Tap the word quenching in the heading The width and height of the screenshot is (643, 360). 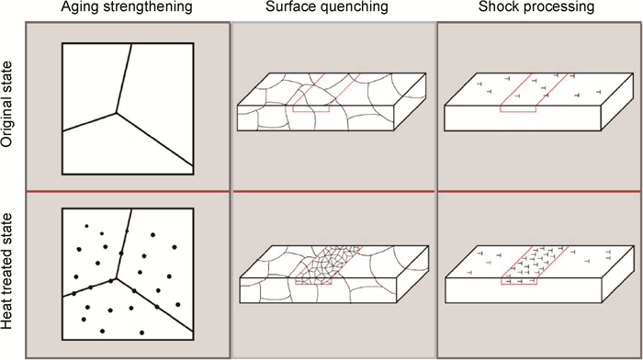pos(355,7)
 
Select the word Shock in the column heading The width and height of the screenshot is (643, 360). pos(497,6)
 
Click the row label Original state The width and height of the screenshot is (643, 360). pos(7,105)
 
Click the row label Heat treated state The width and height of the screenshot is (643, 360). pos(7,271)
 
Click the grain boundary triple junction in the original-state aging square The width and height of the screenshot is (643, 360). pos(117,112)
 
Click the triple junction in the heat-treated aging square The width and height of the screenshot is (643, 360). pos(117,278)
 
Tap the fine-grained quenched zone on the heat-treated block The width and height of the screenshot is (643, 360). pos(328,264)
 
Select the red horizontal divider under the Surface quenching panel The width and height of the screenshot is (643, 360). pos(333,191)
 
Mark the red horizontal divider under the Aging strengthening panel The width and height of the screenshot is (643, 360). pos(128,191)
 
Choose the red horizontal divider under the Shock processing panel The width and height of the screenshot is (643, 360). pos(538,191)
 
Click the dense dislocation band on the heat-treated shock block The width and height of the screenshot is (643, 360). pos(535,264)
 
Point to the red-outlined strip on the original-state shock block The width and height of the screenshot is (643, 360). pos(534,92)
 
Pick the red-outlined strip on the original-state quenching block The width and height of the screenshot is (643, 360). pos(327,92)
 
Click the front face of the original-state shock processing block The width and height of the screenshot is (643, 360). pos(523,118)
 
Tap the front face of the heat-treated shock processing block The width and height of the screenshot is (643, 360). pos(524,290)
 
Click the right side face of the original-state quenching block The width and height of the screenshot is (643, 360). pos(410,102)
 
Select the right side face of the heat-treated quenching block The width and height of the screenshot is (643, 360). pos(412,274)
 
